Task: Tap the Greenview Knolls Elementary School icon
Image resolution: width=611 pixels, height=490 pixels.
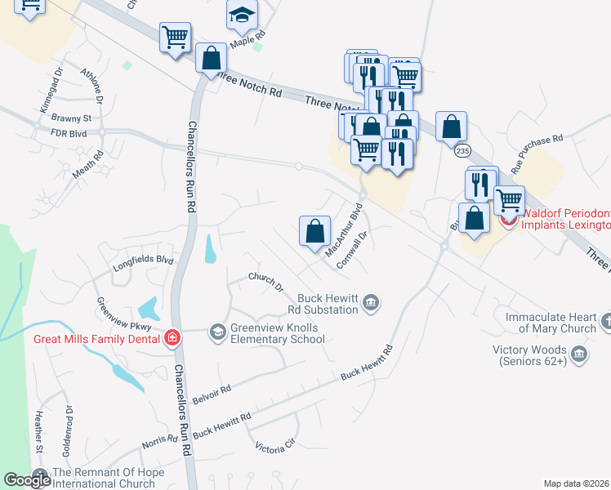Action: pos(217,331)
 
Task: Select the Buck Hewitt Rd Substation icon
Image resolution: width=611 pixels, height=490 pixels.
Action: pos(371,303)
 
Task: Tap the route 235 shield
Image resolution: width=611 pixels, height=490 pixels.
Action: pos(463,151)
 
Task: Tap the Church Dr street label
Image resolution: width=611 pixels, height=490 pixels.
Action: pos(266,283)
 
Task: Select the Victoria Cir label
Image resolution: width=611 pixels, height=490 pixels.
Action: pos(274,448)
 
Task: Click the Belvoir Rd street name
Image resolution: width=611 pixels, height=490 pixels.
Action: pos(212,390)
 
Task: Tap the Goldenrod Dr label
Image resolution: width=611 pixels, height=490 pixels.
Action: pos(69,430)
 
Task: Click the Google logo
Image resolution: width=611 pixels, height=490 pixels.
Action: pos(27,479)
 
